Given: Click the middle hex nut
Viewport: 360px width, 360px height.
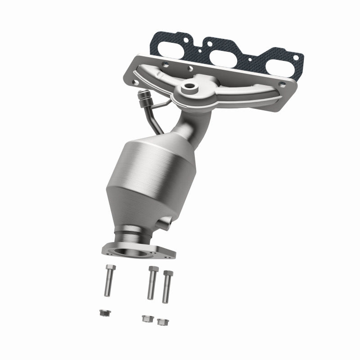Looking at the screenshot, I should point(146,318).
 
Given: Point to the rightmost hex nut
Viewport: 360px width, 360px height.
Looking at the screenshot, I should point(161,321).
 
